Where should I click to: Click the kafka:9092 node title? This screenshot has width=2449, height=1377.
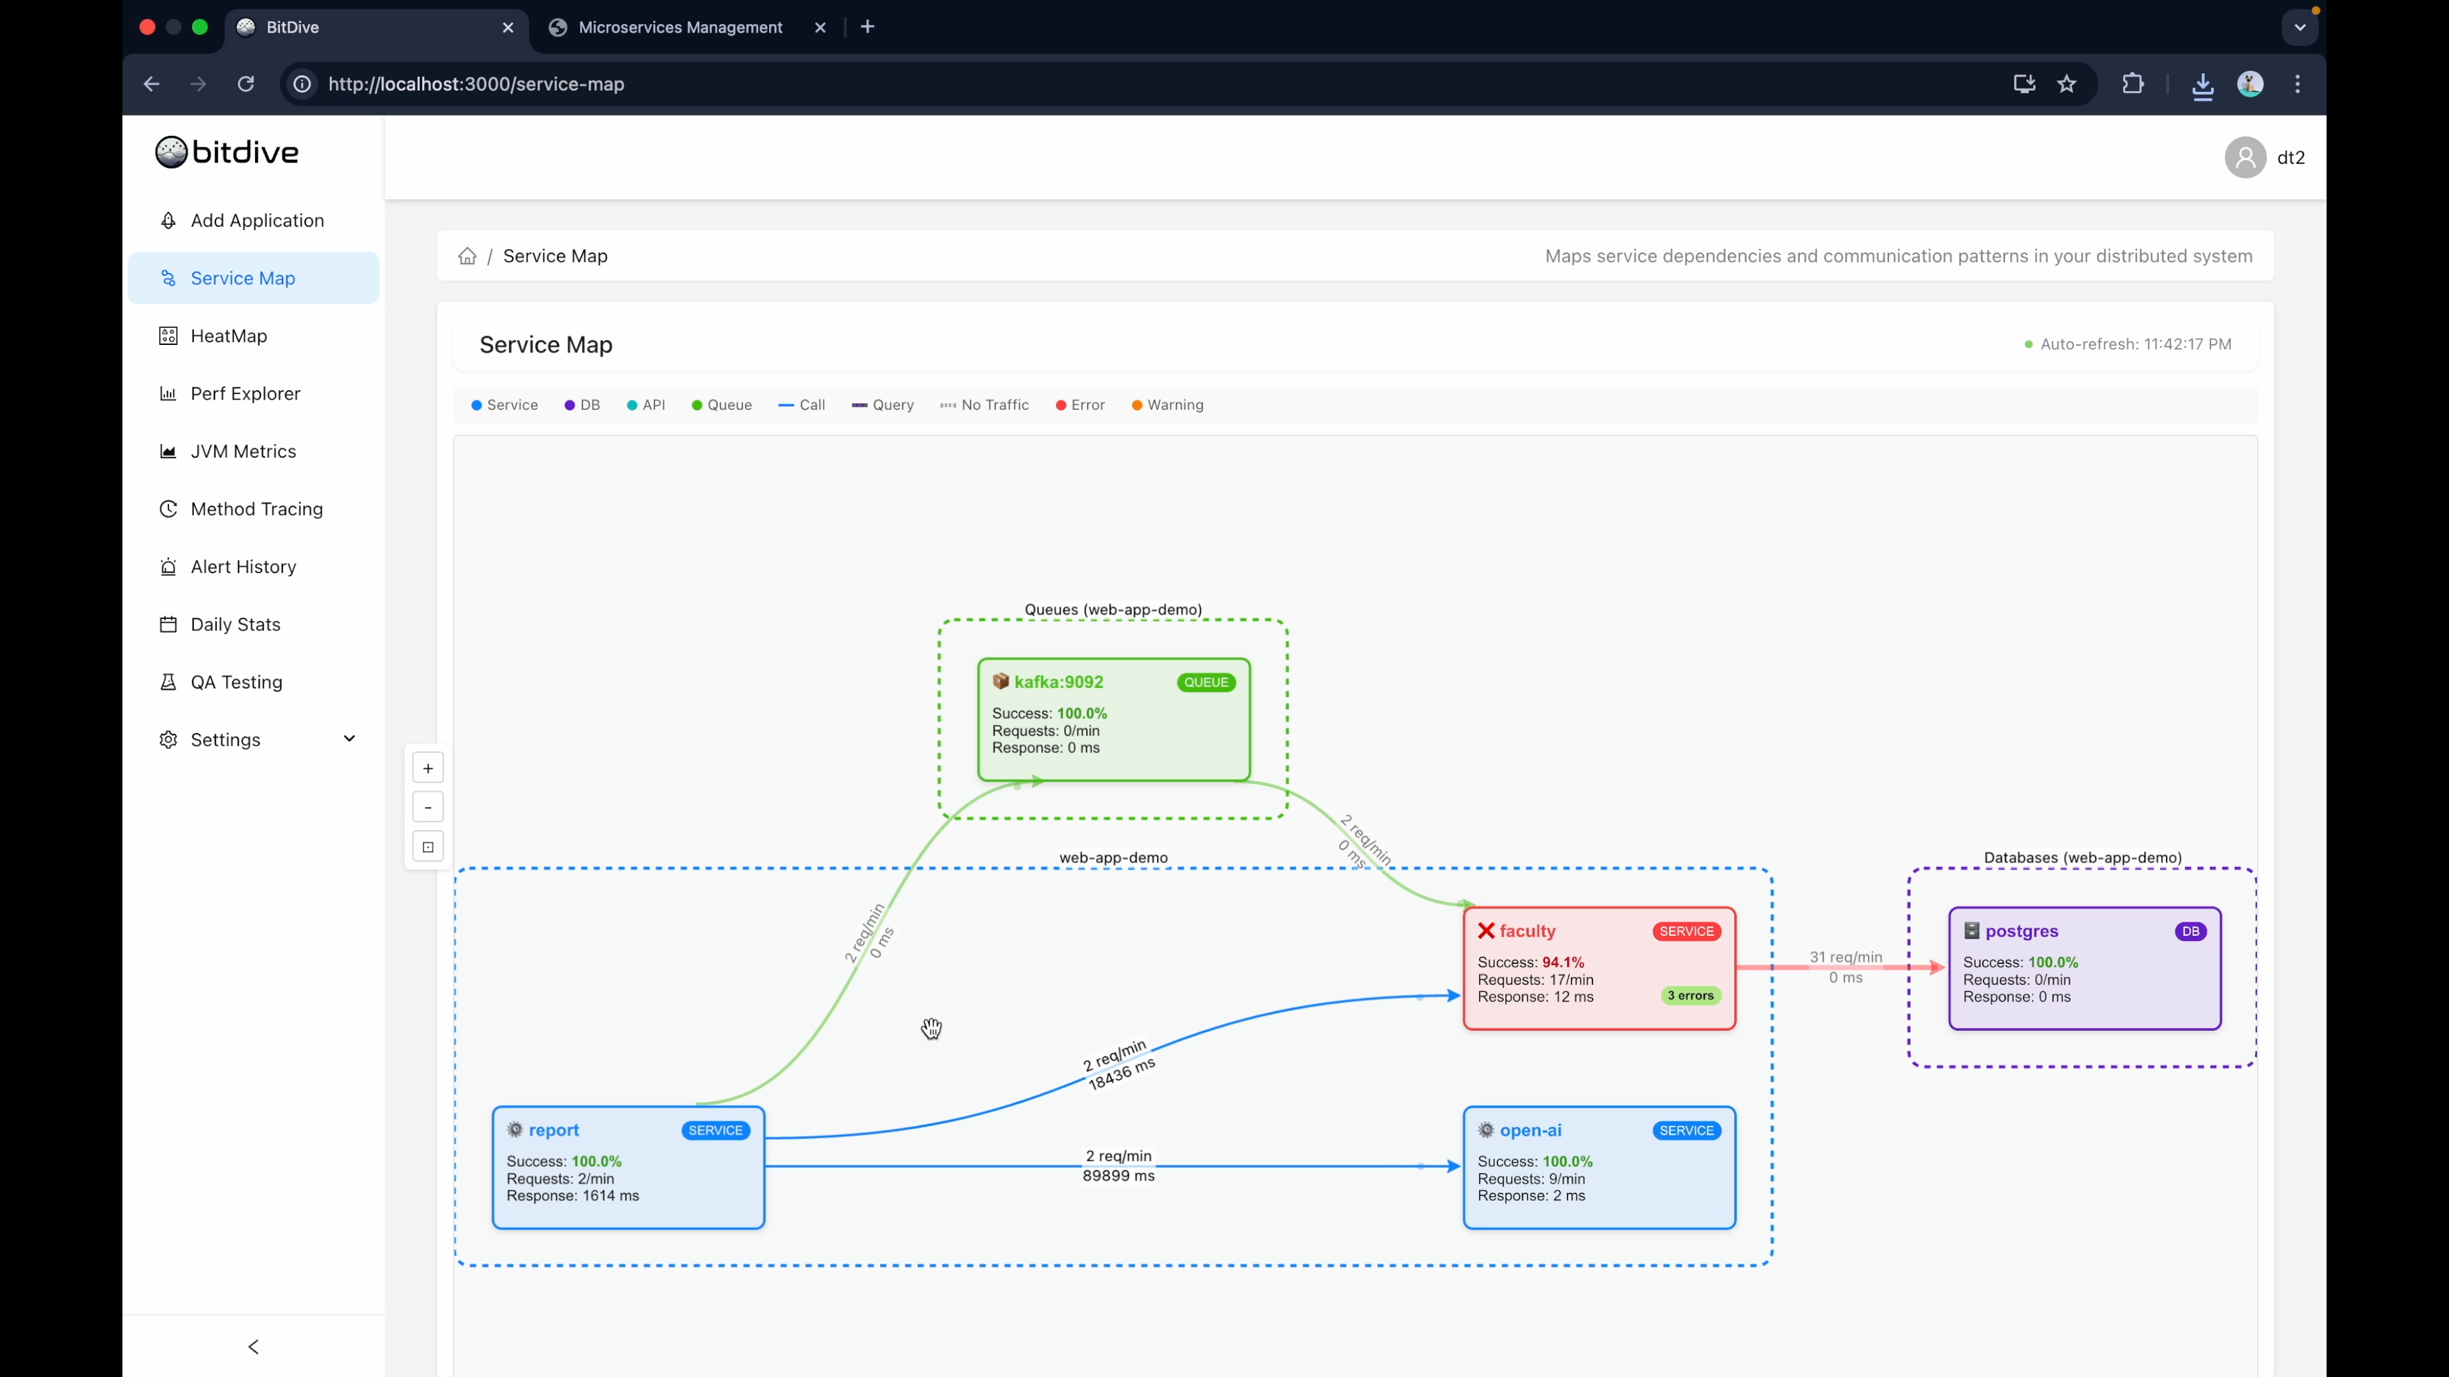(x=1058, y=681)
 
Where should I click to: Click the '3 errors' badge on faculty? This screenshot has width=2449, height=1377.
(x=1689, y=995)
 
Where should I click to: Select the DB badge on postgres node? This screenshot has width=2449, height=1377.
(x=2191, y=931)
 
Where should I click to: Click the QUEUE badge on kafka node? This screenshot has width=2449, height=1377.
(x=1205, y=682)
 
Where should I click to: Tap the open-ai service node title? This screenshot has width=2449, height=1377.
(x=1530, y=1130)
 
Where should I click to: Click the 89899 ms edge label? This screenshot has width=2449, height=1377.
(x=1118, y=1176)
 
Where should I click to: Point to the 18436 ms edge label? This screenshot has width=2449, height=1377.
(x=1122, y=1074)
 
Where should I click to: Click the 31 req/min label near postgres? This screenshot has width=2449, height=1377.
(x=1845, y=957)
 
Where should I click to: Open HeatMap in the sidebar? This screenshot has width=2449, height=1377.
(x=228, y=335)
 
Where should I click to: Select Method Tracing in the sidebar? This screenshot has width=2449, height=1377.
(x=256, y=509)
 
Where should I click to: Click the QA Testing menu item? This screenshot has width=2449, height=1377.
(x=236, y=681)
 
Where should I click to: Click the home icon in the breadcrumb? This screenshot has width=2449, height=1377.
(x=467, y=256)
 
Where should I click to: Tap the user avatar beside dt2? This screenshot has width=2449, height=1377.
(x=2245, y=157)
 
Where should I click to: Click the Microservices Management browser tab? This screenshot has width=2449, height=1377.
(x=680, y=27)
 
